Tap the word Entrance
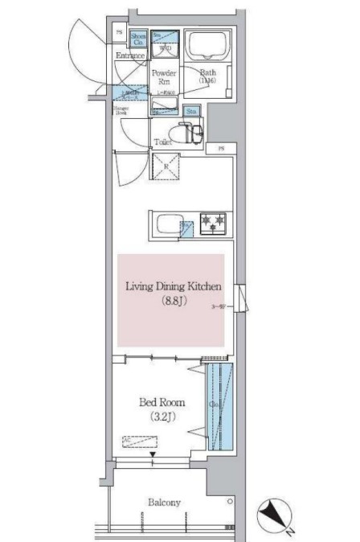[129, 55]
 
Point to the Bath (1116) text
[207, 76]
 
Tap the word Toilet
[163, 142]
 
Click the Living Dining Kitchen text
[172, 286]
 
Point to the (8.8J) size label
[172, 302]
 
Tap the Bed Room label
[163, 401]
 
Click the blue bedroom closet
[218, 407]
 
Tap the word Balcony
[163, 503]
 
